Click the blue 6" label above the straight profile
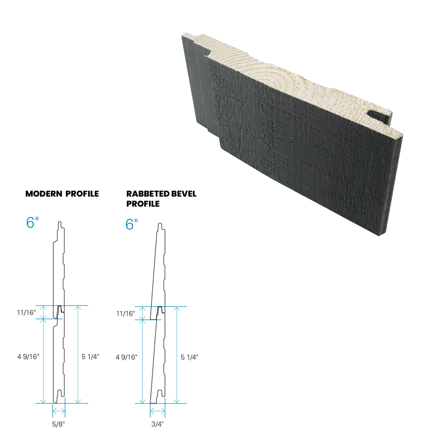[31, 223]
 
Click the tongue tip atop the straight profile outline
[59, 222]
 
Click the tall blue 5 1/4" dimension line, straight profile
[78, 356]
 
